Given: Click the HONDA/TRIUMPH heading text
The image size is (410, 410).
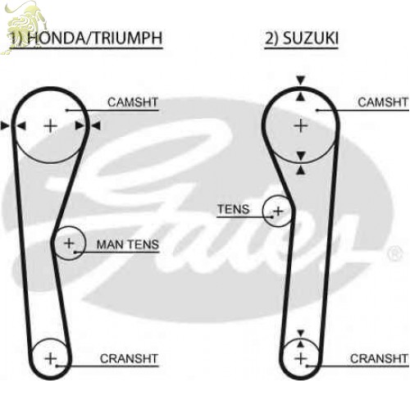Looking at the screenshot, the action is pyautogui.click(x=95, y=38).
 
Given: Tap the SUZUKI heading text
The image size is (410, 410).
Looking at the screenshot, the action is pyautogui.click(x=311, y=38).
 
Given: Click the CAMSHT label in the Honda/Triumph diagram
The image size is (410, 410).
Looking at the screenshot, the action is pyautogui.click(x=133, y=102).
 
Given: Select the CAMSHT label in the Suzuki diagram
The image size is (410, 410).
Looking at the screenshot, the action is pyautogui.click(x=383, y=102).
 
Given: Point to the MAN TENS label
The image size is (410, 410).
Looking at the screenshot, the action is pyautogui.click(x=128, y=244).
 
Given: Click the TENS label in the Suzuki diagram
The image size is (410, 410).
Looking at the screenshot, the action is pyautogui.click(x=234, y=209).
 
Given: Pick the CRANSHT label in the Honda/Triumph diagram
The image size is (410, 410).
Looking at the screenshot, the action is pyautogui.click(x=129, y=358).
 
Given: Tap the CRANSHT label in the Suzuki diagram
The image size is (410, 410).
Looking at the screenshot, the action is pyautogui.click(x=379, y=358).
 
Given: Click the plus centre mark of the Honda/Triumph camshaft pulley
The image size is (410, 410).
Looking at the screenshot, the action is pyautogui.click(x=51, y=126).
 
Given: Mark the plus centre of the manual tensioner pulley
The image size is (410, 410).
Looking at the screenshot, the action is pyautogui.click(x=69, y=243).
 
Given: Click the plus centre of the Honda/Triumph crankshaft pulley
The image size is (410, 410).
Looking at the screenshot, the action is pyautogui.click(x=51, y=358).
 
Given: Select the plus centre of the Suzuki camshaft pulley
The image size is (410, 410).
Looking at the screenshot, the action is pyautogui.click(x=301, y=126).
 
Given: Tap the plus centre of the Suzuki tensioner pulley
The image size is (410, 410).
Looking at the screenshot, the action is pyautogui.click(x=279, y=211).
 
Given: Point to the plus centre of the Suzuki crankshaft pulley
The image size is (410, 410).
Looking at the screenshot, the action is pyautogui.click(x=301, y=358).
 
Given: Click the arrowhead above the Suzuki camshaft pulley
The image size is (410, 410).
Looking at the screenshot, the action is pyautogui.click(x=301, y=80).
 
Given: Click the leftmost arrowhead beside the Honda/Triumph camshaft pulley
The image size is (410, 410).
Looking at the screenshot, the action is pyautogui.click(x=5, y=126).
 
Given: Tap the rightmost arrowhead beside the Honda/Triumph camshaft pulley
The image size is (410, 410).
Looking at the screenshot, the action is pyautogui.click(x=96, y=126).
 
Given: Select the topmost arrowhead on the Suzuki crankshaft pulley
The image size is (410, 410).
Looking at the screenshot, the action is pyautogui.click(x=301, y=334).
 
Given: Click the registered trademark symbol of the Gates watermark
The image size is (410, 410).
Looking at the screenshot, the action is pyautogui.click(x=395, y=253).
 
